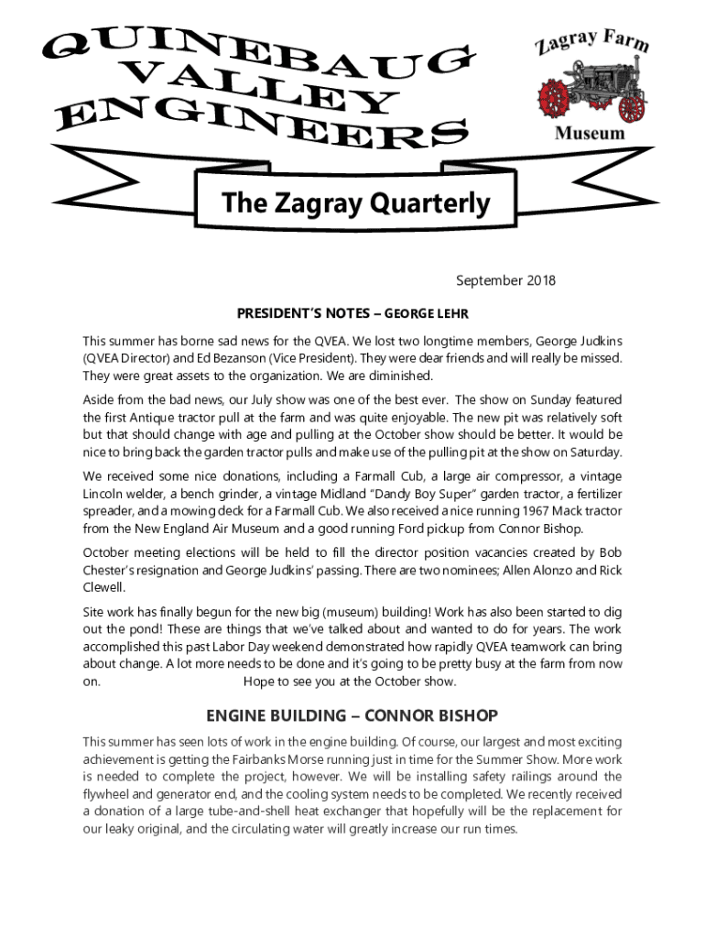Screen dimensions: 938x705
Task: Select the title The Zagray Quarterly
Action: (356, 204)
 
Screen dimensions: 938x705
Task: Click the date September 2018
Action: (505, 281)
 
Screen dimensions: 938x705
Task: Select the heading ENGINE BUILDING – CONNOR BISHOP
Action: (352, 714)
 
